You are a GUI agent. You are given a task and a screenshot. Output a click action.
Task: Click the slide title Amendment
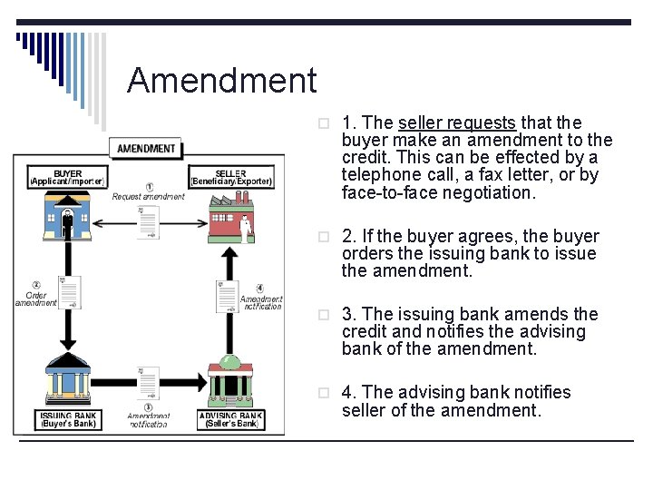click(222, 81)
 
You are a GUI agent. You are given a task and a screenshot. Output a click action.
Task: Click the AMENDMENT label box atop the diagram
click(147, 148)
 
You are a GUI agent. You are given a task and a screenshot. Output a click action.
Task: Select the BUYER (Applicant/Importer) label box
click(68, 178)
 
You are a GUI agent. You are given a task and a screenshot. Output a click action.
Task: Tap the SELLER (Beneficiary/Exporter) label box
click(230, 178)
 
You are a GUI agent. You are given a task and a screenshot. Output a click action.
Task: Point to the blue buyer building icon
click(67, 219)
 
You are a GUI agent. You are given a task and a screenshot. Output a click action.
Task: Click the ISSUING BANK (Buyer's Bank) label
click(69, 419)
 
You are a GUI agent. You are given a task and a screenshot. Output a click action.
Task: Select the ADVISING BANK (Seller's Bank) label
click(231, 419)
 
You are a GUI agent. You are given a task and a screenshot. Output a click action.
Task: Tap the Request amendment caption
click(148, 197)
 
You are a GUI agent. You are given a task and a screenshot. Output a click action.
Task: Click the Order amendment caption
click(36, 299)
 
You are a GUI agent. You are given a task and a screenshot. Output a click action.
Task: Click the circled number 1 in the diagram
click(149, 187)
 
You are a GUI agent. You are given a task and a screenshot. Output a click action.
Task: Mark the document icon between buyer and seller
click(148, 221)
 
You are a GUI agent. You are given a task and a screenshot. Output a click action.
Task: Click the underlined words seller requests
click(457, 122)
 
